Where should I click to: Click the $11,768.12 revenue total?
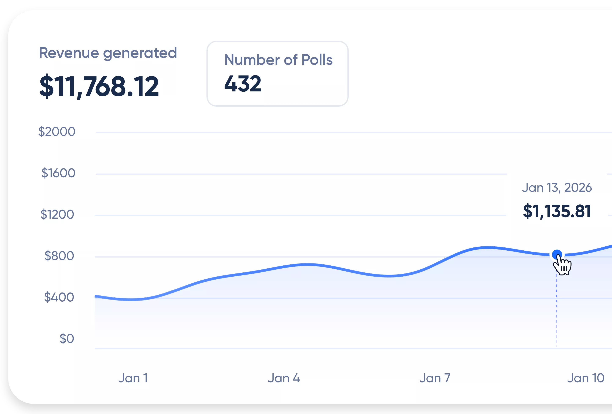(99, 86)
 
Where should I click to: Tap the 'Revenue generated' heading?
(108, 53)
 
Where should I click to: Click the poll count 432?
(243, 84)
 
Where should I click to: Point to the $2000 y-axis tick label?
(57, 131)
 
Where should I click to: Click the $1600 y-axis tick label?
(58, 173)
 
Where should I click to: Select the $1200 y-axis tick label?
(57, 214)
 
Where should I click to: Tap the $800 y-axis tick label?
(59, 256)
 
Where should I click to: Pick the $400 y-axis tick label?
(59, 297)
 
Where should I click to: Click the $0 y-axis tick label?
(66, 339)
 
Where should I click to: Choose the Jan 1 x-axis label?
(133, 378)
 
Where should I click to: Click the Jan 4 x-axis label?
(284, 378)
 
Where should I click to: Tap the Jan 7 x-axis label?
(435, 378)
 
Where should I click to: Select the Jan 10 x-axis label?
(585, 378)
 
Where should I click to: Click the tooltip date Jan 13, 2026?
(557, 188)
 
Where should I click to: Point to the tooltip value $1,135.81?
(557, 211)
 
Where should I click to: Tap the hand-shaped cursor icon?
(563, 266)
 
